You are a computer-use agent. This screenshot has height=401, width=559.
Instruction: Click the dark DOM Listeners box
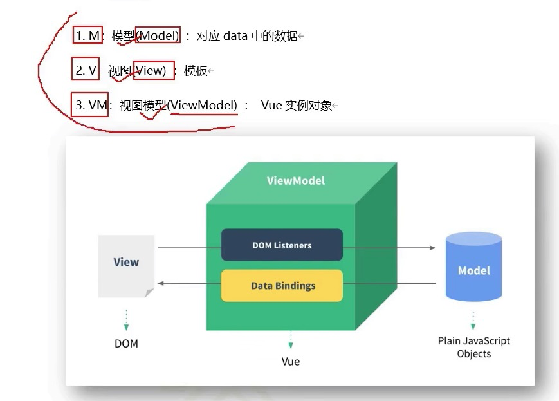pyautogui.click(x=282, y=245)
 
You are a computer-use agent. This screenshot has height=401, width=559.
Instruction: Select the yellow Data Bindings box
pyautogui.click(x=282, y=286)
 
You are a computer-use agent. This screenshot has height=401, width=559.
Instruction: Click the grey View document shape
pyautogui.click(x=126, y=265)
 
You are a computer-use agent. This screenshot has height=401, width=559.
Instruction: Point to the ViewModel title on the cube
pyautogui.click(x=296, y=180)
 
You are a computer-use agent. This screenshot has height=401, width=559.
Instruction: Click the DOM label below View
pyautogui.click(x=126, y=343)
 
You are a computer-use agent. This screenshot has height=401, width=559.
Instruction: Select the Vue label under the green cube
pyautogui.click(x=291, y=361)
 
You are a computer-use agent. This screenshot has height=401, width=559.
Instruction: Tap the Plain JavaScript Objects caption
pyautogui.click(x=473, y=347)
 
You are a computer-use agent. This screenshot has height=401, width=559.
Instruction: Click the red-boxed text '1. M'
pyautogui.click(x=88, y=36)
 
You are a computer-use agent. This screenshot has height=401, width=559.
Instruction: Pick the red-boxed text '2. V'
pyautogui.click(x=85, y=70)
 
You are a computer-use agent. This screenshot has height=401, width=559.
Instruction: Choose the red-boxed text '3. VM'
pyautogui.click(x=89, y=105)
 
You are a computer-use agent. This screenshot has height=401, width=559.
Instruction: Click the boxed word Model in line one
pyautogui.click(x=158, y=36)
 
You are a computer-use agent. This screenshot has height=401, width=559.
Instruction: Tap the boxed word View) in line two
pyautogui.click(x=153, y=70)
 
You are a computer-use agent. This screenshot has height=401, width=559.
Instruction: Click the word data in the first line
pyautogui.click(x=235, y=36)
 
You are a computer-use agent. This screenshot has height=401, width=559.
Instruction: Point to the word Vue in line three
pyautogui.click(x=271, y=105)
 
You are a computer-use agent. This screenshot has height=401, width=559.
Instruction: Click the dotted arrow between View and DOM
pyautogui.click(x=126, y=319)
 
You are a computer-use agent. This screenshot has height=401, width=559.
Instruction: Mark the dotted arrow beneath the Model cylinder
pyautogui.click(x=473, y=320)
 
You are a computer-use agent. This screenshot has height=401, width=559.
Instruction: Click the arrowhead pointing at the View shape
pyautogui.click(x=161, y=283)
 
